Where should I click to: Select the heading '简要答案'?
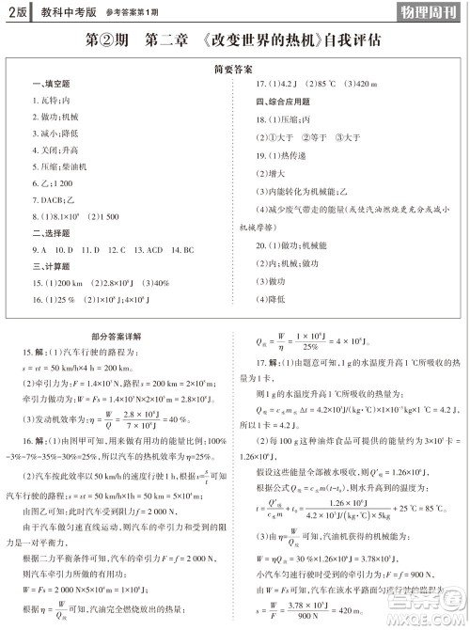(x=234, y=70)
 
